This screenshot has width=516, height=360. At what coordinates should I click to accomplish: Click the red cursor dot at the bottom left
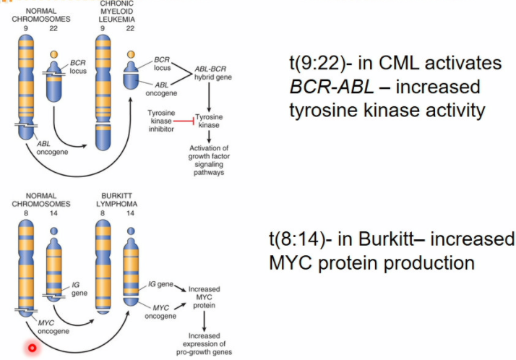32,348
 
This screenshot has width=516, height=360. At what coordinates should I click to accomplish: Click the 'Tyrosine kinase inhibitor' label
160,120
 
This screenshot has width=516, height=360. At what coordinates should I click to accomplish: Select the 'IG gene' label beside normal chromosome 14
78,289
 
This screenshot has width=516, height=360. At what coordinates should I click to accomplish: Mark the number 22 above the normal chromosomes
53,29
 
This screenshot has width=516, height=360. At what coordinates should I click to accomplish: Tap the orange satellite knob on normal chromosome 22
53,54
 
